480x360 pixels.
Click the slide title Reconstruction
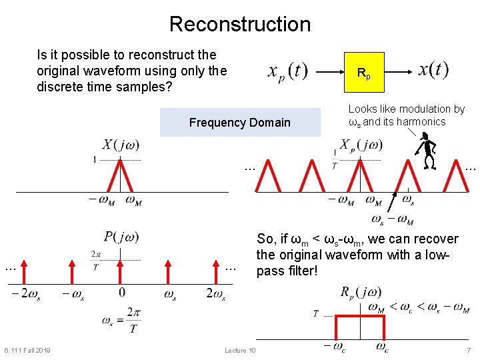pos(240,24)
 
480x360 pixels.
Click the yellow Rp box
pos(363,72)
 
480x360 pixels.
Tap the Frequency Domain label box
pos(240,123)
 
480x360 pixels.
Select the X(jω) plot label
pos(121,145)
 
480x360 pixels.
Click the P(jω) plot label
pos(121,237)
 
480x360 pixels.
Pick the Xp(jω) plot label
pos(361,145)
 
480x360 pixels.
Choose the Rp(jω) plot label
pos(361,292)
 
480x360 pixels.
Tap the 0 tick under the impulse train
pos(121,292)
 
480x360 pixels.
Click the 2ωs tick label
pos(216,293)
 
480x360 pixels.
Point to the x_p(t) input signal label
pos(287,71)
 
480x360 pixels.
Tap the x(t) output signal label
pos(434,69)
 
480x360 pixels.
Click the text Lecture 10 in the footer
pos(240,351)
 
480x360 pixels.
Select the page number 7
pos(469,351)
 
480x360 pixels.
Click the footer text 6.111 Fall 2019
pos(27,351)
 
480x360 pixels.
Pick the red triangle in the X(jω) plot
pos(120,176)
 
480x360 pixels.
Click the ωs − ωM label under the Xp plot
pos(393,219)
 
